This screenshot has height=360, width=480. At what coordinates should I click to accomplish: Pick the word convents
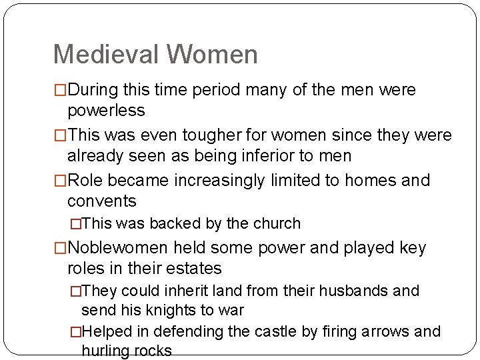click(x=102, y=201)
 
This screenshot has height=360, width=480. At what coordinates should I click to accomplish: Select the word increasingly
click(x=231, y=181)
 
